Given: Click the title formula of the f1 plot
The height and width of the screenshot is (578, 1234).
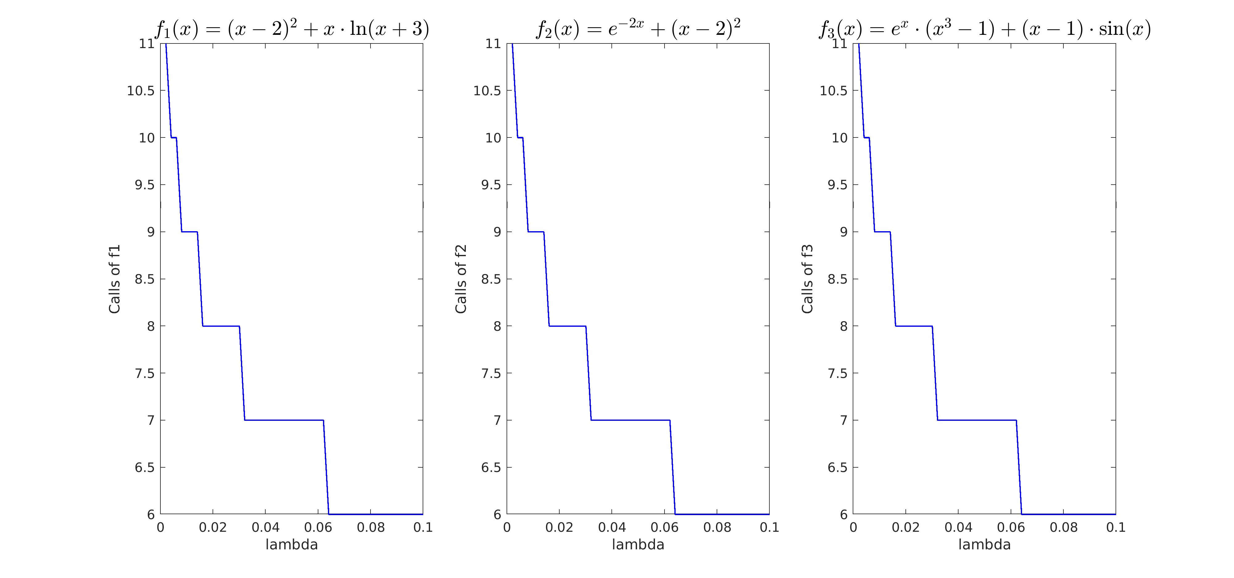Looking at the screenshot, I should pyautogui.click(x=292, y=29).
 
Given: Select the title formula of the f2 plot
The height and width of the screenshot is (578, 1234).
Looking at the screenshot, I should pyautogui.click(x=638, y=29).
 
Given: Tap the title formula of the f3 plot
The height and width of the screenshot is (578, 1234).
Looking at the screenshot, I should pyautogui.click(x=984, y=29).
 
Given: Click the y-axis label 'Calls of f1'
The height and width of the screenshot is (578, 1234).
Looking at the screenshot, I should pyautogui.click(x=114, y=279).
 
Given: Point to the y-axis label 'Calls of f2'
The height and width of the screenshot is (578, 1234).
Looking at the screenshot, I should pyautogui.click(x=461, y=279).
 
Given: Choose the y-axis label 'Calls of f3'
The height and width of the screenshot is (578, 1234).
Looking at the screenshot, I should pyautogui.click(x=807, y=279).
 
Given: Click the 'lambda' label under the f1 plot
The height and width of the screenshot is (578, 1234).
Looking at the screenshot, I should pyautogui.click(x=292, y=544).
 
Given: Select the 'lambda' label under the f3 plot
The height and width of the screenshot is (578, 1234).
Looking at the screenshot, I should pyautogui.click(x=984, y=544).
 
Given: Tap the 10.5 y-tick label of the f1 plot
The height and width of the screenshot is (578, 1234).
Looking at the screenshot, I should pyautogui.click(x=141, y=90).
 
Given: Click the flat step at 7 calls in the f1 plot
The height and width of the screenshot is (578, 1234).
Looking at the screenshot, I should pyautogui.click(x=284, y=420).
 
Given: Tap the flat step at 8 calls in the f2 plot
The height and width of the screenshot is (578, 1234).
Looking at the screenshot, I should pyautogui.click(x=567, y=326).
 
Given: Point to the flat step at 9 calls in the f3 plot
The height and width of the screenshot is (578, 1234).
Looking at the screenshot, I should pyautogui.click(x=882, y=232).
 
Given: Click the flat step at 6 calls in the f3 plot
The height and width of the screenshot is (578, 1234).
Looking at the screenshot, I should pyautogui.click(x=1068, y=514).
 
